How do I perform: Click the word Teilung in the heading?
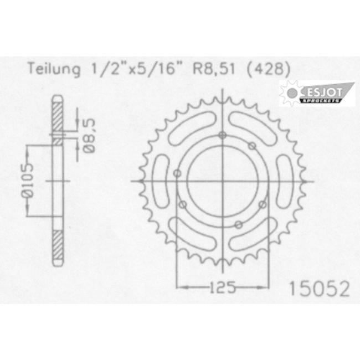tap(54, 69)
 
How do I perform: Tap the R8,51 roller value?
tap(214, 69)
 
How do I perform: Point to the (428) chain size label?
tap(269, 69)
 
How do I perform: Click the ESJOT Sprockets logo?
tap(317, 93)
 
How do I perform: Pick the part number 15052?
tap(320, 289)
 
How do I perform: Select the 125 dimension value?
tap(223, 287)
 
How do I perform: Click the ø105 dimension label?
tap(28, 181)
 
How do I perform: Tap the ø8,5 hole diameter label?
tap(89, 136)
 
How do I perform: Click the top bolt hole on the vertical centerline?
tap(222, 136)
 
